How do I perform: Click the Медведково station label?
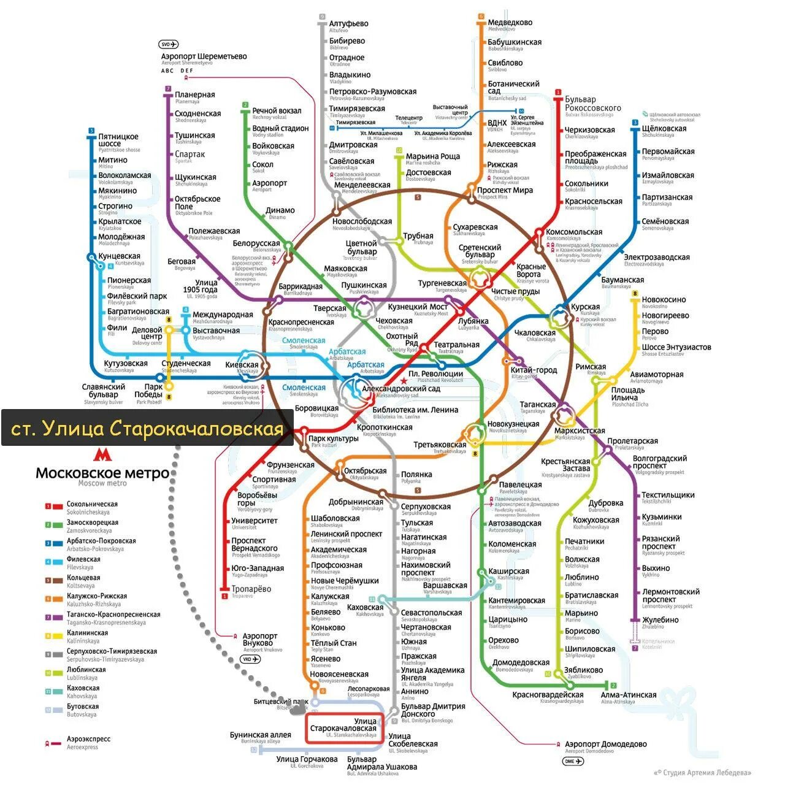510,23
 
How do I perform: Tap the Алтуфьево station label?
348,24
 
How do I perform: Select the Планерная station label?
195,95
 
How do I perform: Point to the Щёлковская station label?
664,129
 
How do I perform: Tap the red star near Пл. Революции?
403,381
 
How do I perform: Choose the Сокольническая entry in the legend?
92,504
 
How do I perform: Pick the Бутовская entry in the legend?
82,706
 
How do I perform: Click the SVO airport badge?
168,44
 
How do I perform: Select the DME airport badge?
573,761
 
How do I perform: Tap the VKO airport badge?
250,659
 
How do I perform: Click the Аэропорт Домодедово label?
605,745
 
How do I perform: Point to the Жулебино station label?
660,620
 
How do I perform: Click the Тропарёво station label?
251,589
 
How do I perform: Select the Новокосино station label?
664,300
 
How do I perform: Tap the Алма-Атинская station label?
629,695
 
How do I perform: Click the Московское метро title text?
102,473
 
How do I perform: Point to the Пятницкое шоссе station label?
118,140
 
